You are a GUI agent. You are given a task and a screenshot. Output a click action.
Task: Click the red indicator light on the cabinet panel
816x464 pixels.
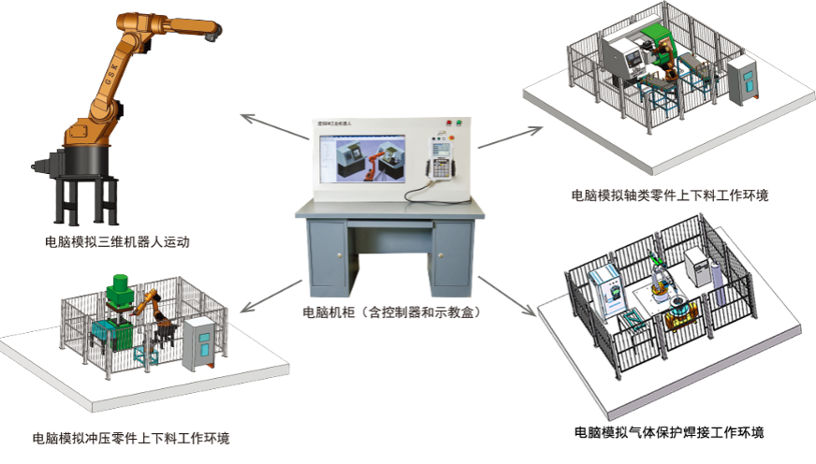tap(449, 123)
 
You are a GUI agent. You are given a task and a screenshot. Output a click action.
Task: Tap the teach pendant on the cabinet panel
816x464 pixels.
tap(438, 155)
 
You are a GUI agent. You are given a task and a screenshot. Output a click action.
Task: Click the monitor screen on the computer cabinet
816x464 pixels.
tap(363, 158)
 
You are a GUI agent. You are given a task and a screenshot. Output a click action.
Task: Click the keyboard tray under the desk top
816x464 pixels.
tap(389, 225)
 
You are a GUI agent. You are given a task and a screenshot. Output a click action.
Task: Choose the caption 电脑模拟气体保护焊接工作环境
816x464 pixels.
tap(669, 433)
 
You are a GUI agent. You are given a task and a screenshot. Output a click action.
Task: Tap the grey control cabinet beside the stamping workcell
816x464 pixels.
tap(199, 344)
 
